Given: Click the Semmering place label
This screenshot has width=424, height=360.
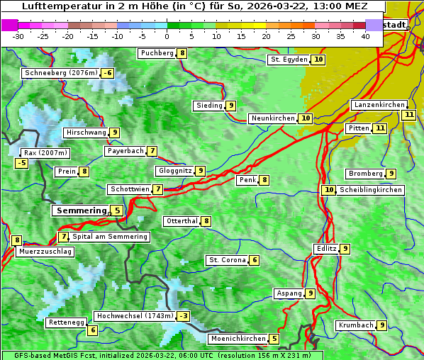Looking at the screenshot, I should (x=80, y=210).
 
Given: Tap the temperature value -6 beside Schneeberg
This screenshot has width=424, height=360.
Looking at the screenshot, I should (x=108, y=73).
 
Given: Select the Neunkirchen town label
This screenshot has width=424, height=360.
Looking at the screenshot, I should (x=273, y=118).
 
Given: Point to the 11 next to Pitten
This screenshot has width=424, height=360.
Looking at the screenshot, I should (x=380, y=128).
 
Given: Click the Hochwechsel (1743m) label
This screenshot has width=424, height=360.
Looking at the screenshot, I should (x=135, y=316).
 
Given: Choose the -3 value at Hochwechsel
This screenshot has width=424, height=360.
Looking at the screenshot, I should (x=184, y=316).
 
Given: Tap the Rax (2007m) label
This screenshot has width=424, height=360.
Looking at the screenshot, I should (x=45, y=153).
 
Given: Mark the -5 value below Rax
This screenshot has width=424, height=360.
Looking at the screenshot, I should (x=22, y=163).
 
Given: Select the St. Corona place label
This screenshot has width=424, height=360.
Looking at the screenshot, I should (x=227, y=260).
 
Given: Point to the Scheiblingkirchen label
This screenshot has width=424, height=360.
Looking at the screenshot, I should (x=370, y=190).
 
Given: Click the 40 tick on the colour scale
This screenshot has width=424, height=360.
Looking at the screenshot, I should (x=365, y=36).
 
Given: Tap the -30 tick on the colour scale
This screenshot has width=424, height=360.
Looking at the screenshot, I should (x=19, y=36).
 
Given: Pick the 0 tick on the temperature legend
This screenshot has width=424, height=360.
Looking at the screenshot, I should (x=167, y=36).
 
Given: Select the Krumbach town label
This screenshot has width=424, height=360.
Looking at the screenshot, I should (x=355, y=325).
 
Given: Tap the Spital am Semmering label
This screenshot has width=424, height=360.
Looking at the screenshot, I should (x=110, y=237).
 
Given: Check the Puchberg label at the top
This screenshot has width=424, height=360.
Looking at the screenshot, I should (x=157, y=53).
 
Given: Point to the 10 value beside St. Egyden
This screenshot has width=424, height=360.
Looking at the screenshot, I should (x=319, y=60).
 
